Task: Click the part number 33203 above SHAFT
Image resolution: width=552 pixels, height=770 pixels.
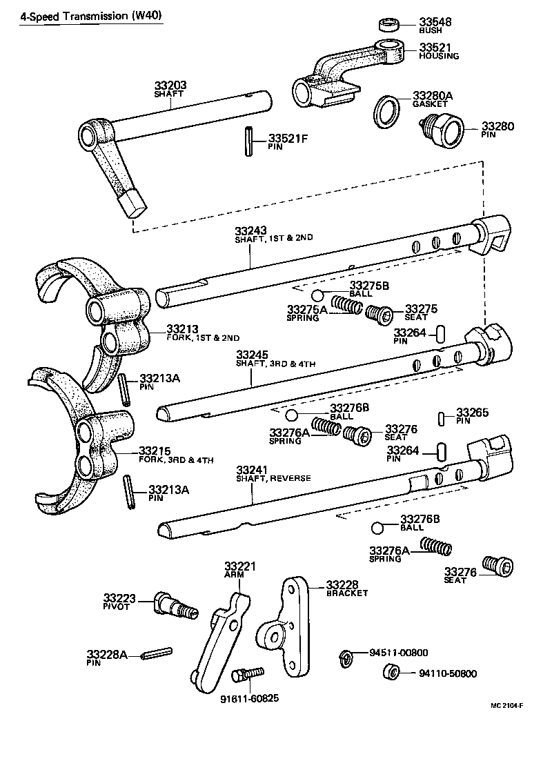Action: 170,86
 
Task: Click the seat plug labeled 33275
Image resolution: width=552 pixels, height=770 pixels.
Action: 379,314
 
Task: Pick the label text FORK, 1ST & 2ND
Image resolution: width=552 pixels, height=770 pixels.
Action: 203,338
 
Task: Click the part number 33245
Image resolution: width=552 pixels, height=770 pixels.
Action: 253,355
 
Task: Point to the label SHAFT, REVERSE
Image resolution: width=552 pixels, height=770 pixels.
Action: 273,478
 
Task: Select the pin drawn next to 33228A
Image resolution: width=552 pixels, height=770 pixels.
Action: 156,652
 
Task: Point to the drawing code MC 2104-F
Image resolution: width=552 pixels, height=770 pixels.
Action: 506,705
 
